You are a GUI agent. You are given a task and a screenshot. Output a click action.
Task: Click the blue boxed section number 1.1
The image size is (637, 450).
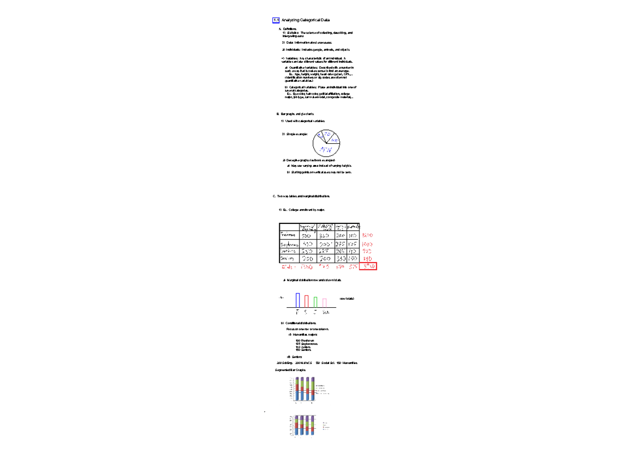[x=276, y=20]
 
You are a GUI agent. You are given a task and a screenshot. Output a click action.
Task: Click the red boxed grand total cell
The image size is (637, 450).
[x=368, y=266]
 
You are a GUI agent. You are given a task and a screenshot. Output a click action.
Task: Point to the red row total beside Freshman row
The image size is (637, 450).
[x=367, y=236]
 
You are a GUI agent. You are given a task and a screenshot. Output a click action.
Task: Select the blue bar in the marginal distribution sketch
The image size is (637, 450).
[x=298, y=300]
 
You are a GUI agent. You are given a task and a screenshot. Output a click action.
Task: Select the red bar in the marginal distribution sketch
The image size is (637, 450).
[x=307, y=301]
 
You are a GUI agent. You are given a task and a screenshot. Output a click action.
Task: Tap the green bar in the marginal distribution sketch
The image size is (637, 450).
[x=315, y=302]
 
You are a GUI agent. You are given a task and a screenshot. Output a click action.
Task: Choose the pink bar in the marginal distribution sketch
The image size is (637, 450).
[x=324, y=302]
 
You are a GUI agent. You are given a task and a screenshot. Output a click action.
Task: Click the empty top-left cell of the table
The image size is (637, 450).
[x=289, y=227]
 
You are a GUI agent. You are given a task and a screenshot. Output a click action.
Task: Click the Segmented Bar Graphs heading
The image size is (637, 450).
[x=290, y=369]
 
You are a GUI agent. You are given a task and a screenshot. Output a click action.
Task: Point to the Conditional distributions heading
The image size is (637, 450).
[x=302, y=323]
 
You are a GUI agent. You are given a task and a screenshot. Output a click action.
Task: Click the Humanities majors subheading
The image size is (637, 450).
[x=305, y=335]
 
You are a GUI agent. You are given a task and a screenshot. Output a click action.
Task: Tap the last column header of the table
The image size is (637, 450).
[x=354, y=227]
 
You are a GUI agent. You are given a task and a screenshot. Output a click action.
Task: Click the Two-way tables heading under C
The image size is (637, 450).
[x=303, y=196]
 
